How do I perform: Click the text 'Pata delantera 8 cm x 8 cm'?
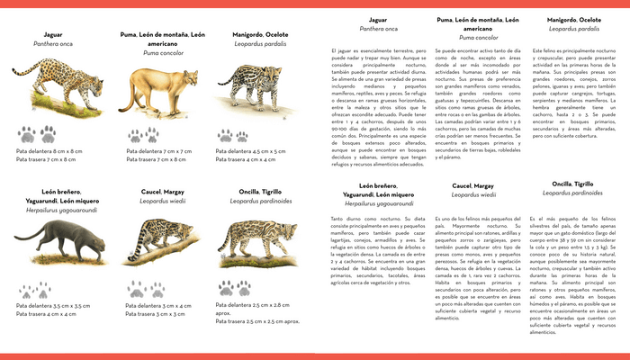(x=50, y=151)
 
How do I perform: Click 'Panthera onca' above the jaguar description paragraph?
(x=379, y=29)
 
